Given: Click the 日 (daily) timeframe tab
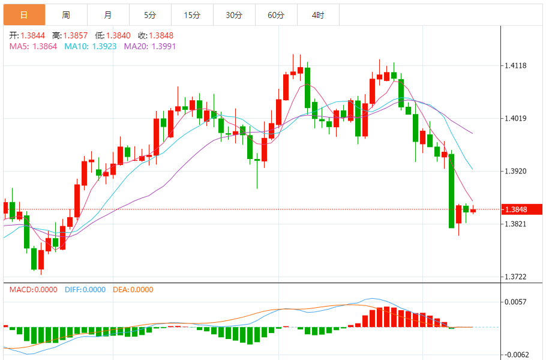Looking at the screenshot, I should [x=24, y=15].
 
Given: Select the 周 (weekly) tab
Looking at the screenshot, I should [x=66, y=15].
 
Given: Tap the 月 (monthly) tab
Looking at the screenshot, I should [x=108, y=15].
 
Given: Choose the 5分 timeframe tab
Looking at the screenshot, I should [x=150, y=15].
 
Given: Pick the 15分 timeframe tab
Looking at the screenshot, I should [x=192, y=15].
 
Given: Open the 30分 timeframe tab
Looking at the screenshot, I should [x=234, y=15].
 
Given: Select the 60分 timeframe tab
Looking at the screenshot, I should [x=276, y=15].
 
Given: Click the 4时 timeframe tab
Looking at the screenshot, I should [x=318, y=15].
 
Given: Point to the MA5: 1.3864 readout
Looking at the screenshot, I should [x=33, y=46].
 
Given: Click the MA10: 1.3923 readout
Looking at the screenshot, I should [x=91, y=46].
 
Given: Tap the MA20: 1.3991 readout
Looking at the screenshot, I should [x=150, y=46].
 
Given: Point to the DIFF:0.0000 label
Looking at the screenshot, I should [x=85, y=289].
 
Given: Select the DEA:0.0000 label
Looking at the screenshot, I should [x=133, y=289].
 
